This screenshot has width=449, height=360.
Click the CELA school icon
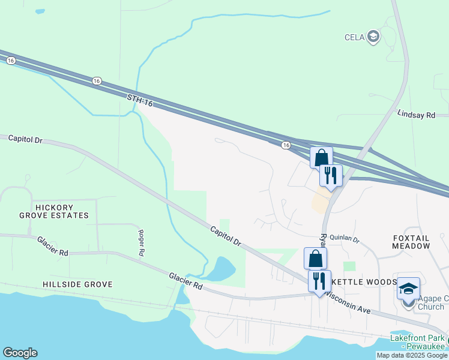[x=374, y=37]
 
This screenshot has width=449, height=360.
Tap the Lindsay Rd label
[x=416, y=114]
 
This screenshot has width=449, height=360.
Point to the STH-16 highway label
[x=140, y=100]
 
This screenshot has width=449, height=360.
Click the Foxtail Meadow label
[x=411, y=242]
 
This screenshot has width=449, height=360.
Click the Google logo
[x=20, y=353]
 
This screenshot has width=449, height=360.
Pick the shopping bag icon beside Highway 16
[x=321, y=157]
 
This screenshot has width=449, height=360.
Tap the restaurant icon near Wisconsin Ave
[x=319, y=280]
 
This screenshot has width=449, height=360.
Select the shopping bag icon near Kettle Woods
[x=315, y=259]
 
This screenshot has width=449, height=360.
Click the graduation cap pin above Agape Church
[x=408, y=289]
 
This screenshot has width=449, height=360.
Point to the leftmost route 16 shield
[x=11, y=60]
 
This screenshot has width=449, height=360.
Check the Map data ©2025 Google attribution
[x=412, y=355]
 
